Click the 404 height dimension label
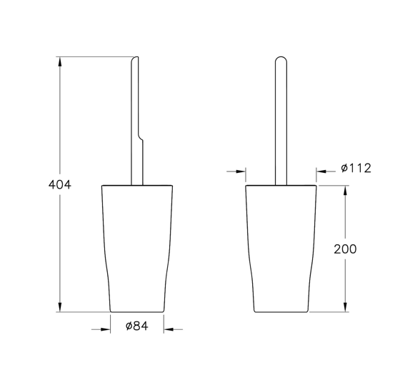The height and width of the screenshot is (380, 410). [x=59, y=184]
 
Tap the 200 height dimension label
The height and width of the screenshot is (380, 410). [x=345, y=249]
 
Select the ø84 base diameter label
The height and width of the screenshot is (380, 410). [x=136, y=326]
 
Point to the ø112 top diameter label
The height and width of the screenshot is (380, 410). [x=356, y=168]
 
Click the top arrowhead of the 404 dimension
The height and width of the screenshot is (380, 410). [x=60, y=61]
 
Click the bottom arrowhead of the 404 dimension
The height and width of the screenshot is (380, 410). [x=60, y=307]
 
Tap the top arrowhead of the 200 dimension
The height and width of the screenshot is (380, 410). [x=345, y=191]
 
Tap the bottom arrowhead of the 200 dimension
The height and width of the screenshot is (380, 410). [x=345, y=307]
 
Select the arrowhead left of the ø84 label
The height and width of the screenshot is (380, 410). [x=106, y=329]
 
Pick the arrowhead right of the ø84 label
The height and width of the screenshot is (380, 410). [x=169, y=329]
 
